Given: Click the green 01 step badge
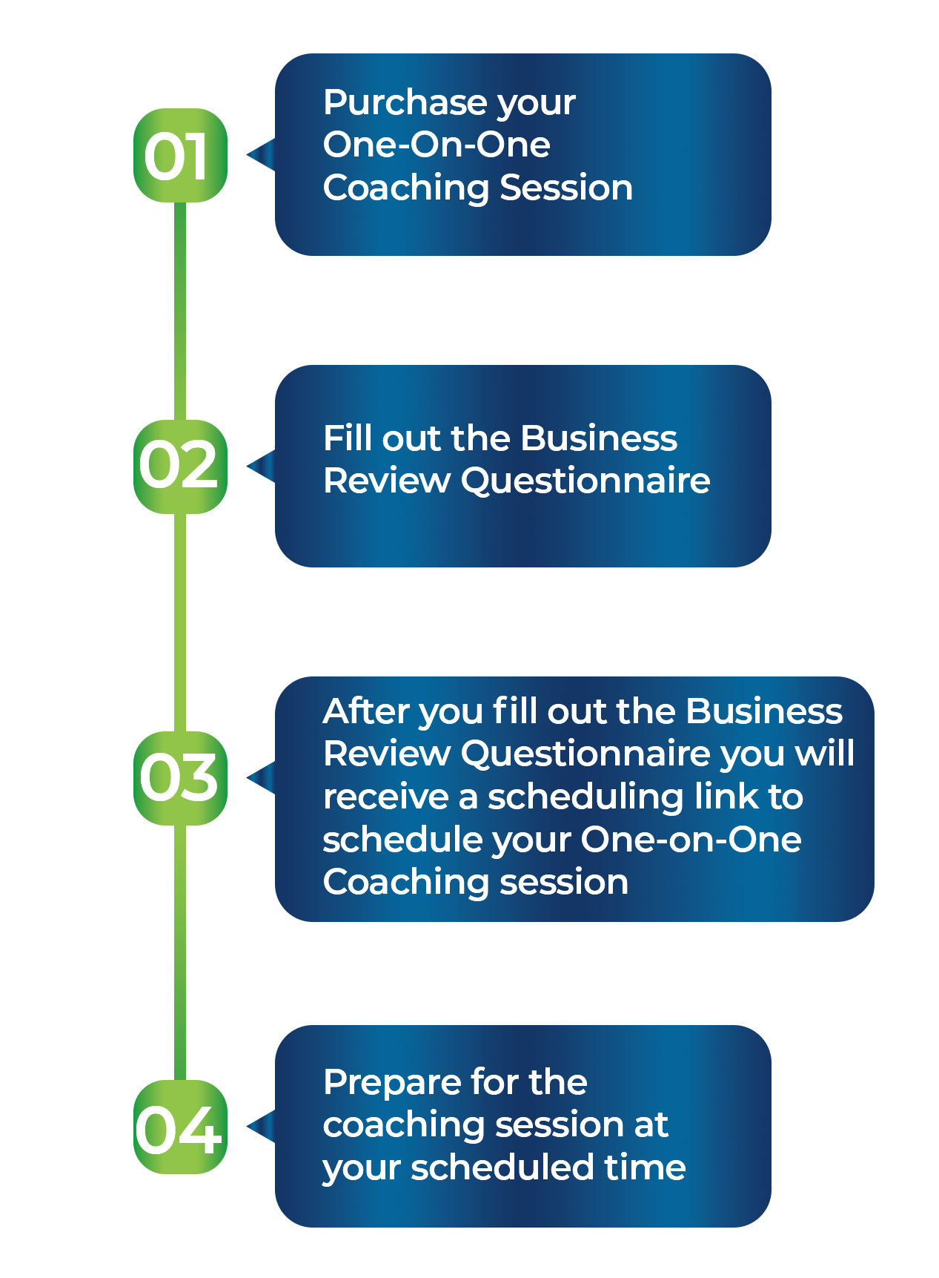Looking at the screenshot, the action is tap(180, 155).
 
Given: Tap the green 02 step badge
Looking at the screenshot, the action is tap(180, 467).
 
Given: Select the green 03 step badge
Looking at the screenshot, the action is tap(180, 778).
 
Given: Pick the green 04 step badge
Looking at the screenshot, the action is tap(180, 1127).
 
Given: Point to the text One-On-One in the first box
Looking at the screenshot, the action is tap(437, 144).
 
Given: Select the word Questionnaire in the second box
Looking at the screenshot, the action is tap(585, 481).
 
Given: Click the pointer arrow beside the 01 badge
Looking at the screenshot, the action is tap(262, 155).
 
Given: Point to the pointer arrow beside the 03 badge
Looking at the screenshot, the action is tap(262, 778).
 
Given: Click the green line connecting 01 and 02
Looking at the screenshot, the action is tap(180, 312).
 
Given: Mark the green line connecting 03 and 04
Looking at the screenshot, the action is tap(180, 953).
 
